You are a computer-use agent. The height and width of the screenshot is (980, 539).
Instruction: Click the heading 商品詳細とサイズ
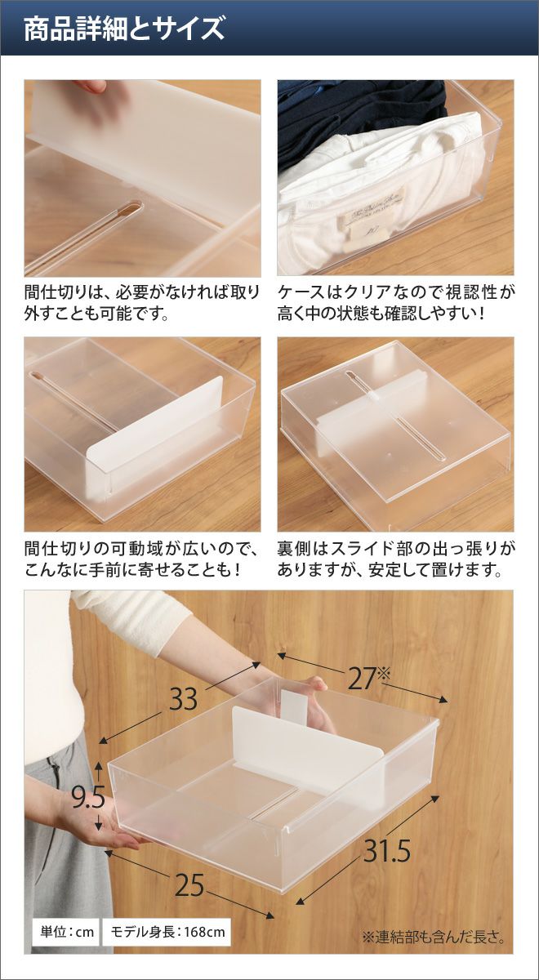pyautogui.click(x=124, y=29)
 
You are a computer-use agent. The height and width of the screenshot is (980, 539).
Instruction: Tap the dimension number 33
pyautogui.click(x=183, y=699)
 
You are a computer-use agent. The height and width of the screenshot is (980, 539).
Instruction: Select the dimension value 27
pyautogui.click(x=362, y=679)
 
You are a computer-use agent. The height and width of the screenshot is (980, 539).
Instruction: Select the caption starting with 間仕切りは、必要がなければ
pyautogui.click(x=142, y=303)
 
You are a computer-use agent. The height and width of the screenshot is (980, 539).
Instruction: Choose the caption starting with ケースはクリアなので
pyautogui.click(x=395, y=303)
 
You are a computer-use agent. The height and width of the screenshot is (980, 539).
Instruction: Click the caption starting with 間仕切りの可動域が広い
pyautogui.click(x=142, y=559)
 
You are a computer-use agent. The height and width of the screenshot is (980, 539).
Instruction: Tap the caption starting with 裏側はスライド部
pyautogui.click(x=395, y=559)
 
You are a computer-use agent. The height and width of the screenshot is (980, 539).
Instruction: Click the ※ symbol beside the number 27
pyautogui.click(x=383, y=674)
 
